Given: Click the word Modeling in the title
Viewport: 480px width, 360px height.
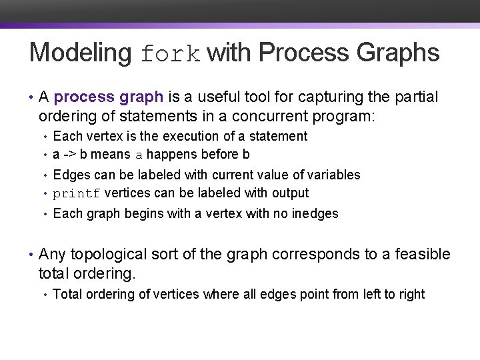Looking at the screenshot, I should coord(81,53).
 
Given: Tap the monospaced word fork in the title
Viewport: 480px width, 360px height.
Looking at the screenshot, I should coord(171,54).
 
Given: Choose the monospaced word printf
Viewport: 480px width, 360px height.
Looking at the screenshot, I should coord(77,194).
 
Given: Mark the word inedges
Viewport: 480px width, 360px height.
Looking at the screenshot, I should coord(315,213).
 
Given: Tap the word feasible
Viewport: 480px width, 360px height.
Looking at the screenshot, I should coord(423,254).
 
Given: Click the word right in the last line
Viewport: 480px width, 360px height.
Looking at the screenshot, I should coord(411,294).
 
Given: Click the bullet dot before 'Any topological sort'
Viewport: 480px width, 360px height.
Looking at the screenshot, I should coord(31,254).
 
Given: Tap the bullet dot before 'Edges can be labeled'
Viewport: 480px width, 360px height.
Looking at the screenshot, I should coord(45,175).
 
